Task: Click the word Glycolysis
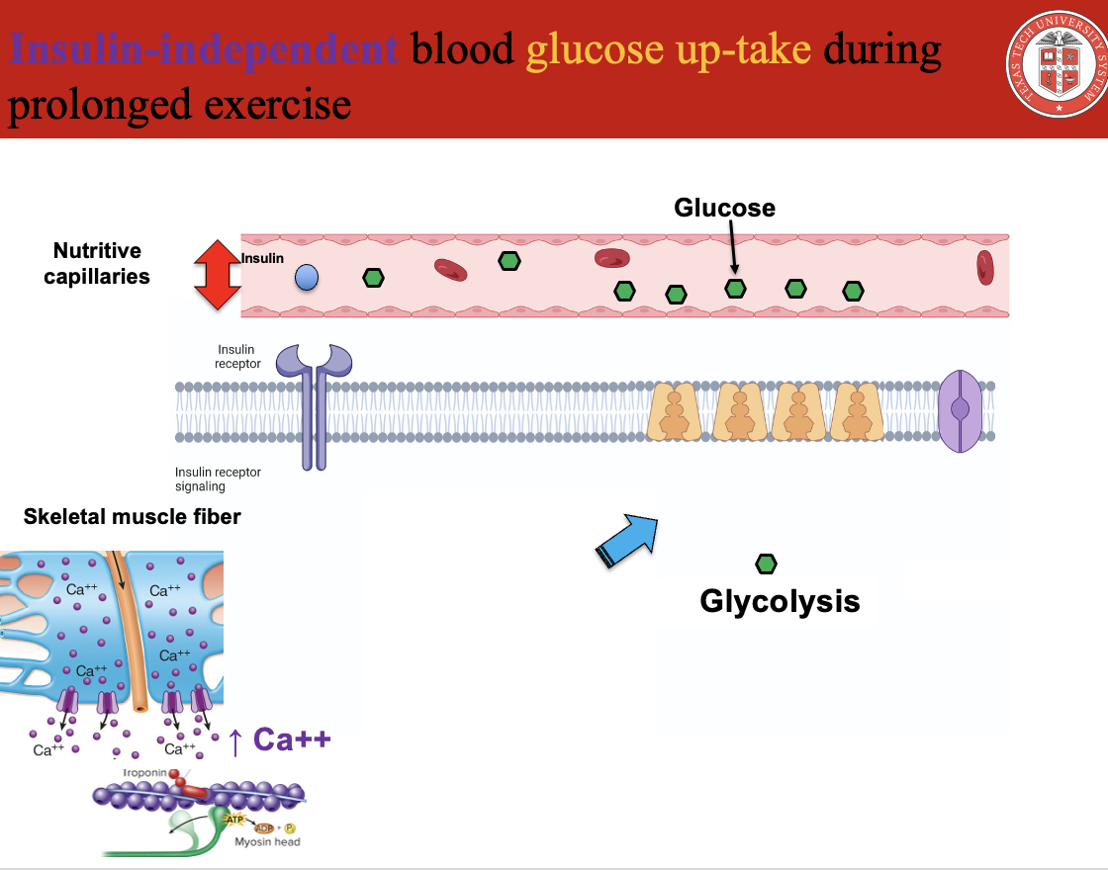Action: [780, 601]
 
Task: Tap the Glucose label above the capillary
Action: [724, 208]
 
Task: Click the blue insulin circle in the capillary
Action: [307, 278]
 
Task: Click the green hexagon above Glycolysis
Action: [766, 564]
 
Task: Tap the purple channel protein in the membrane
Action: [960, 411]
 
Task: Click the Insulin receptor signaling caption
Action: [218, 478]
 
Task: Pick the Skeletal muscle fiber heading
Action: [132, 516]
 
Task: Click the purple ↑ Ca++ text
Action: [279, 739]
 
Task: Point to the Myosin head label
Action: [267, 841]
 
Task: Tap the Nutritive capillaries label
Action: [97, 263]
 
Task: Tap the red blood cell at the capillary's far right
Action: [984, 267]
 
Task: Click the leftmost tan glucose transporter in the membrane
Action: [675, 412]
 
